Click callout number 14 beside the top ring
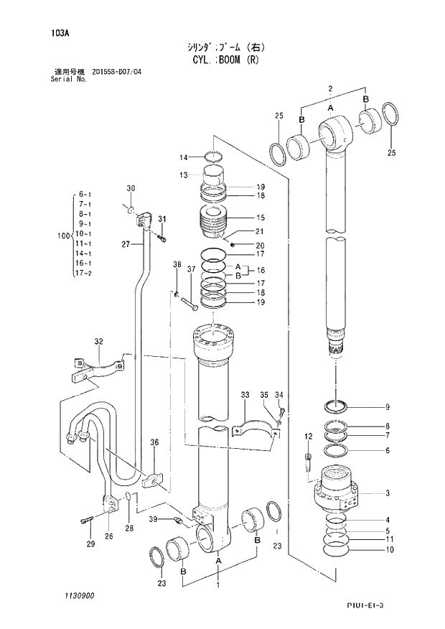tap(183, 157)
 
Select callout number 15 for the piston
tap(261, 218)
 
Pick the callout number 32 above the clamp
tap(98, 341)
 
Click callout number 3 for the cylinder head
tap(387, 493)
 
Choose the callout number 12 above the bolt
tap(308, 437)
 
